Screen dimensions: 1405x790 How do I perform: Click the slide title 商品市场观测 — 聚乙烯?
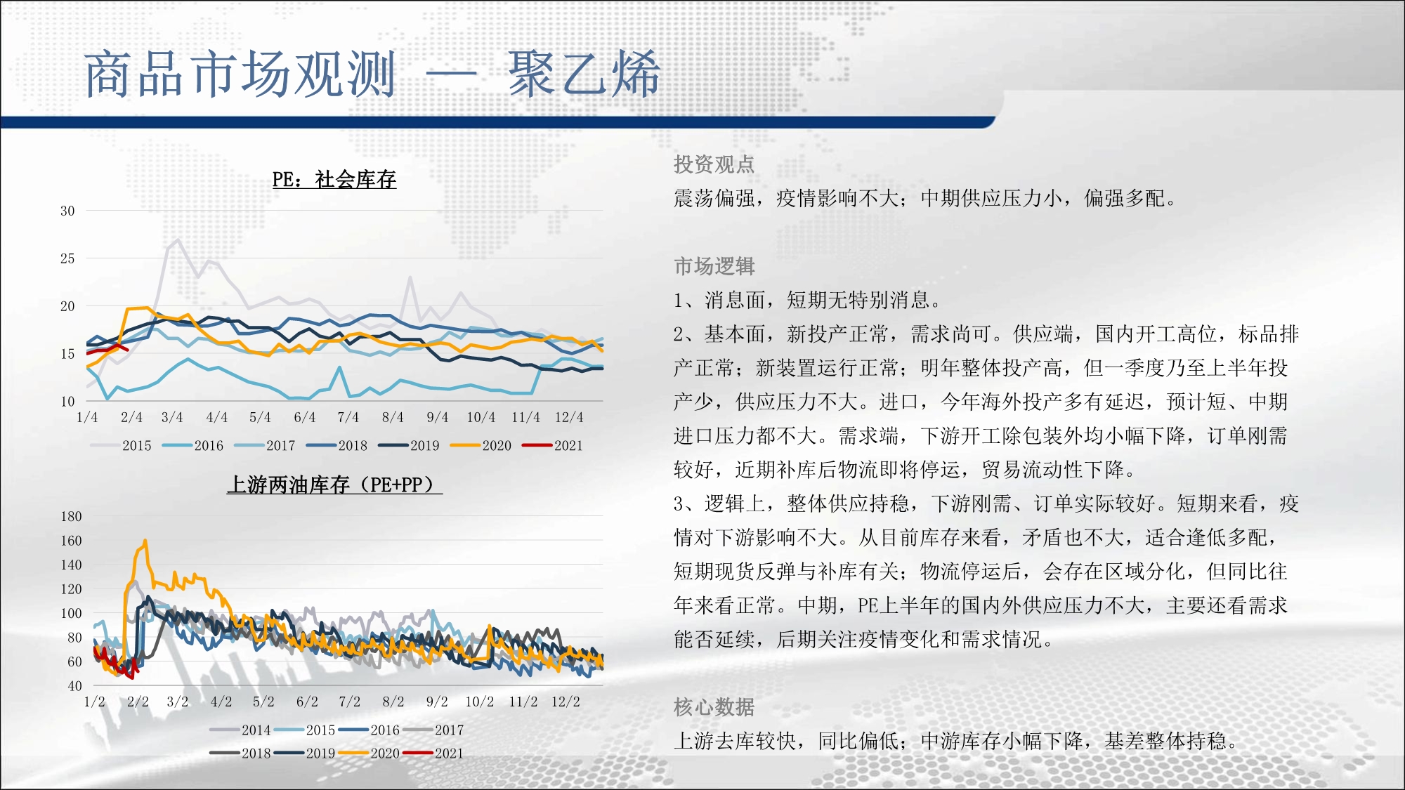(372, 74)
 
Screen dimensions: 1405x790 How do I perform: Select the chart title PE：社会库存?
(334, 180)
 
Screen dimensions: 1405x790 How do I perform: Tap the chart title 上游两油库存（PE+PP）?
(334, 485)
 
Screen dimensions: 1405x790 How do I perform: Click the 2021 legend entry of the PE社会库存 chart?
(553, 445)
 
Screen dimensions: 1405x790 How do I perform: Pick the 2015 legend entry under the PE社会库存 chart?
(121, 445)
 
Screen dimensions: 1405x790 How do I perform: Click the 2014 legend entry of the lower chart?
(240, 730)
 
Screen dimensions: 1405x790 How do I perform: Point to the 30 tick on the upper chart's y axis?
(67, 211)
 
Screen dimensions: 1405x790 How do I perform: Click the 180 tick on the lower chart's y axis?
(71, 516)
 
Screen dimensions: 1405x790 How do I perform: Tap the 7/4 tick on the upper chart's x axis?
(348, 417)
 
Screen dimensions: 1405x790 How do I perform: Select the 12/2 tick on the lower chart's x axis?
(566, 702)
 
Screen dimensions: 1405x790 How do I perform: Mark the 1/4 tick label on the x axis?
(87, 417)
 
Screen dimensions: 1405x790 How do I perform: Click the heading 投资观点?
(714, 164)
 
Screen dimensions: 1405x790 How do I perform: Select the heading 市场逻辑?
(714, 266)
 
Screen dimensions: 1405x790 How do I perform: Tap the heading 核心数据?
(714, 707)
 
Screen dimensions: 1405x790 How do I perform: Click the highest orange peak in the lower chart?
(145, 540)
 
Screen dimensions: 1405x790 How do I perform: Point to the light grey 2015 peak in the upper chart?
(177, 239)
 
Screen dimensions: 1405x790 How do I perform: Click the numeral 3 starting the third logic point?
(679, 503)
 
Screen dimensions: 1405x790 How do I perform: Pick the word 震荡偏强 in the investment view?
(714, 199)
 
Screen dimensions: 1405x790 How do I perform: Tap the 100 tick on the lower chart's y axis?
(71, 613)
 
